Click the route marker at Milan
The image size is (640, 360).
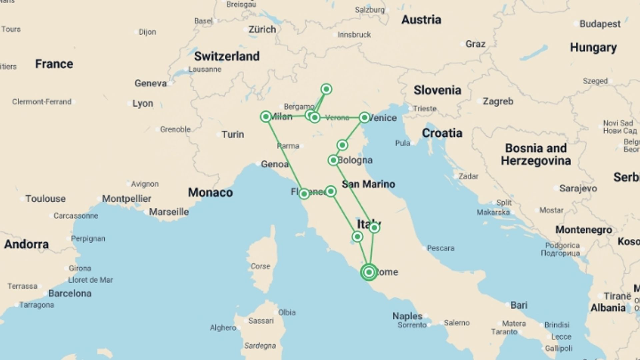click(x=266, y=116)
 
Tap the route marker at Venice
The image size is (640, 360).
click(x=364, y=117)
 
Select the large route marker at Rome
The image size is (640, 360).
click(x=369, y=272)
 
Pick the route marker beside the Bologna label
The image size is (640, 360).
click(x=333, y=160)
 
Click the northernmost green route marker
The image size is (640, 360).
click(x=326, y=89)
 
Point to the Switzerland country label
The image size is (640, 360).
click(x=227, y=56)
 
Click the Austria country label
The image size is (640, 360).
click(x=421, y=20)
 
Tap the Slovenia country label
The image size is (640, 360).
click(x=437, y=90)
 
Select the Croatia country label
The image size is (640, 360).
click(x=442, y=133)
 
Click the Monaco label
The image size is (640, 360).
click(x=210, y=192)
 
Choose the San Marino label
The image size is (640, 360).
click(x=368, y=184)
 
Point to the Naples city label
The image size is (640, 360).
click(x=407, y=316)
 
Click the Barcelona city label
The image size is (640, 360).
click(x=70, y=293)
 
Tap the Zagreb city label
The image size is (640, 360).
click(x=498, y=101)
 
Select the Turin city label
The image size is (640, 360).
click(x=233, y=134)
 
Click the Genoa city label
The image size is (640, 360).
click(x=275, y=164)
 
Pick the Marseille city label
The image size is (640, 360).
click(x=169, y=212)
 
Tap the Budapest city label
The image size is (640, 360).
click(x=600, y=24)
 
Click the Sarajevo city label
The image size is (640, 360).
click(x=578, y=188)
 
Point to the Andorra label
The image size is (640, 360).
click(x=26, y=244)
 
